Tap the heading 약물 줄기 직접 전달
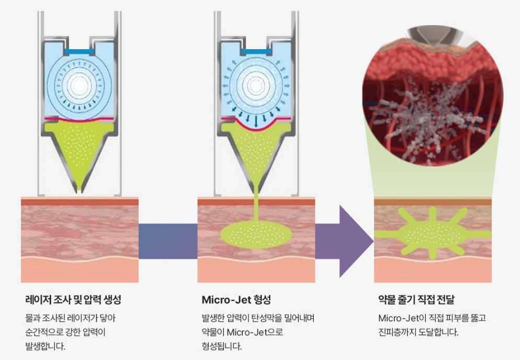(416, 300)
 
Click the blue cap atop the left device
(79, 51)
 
